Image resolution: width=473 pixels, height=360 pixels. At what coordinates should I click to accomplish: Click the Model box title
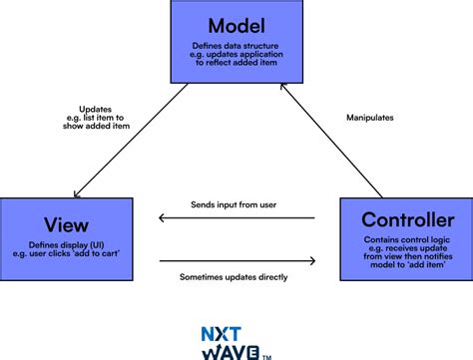pyautogui.click(x=237, y=25)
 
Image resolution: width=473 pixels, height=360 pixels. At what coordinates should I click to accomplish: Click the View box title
pyautogui.click(x=66, y=221)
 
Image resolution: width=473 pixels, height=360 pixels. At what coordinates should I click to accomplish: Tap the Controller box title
pyautogui.click(x=406, y=220)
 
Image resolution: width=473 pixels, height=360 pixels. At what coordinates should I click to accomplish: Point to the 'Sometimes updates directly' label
pyautogui.click(x=235, y=276)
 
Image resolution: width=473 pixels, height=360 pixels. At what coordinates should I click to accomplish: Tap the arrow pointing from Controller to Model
pyautogui.click(x=331, y=140)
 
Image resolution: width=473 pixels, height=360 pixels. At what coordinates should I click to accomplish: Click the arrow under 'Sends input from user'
pyautogui.click(x=236, y=218)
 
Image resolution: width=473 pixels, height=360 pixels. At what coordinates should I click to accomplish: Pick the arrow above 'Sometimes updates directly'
pyautogui.click(x=236, y=261)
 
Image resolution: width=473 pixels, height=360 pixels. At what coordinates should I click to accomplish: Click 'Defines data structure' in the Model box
pyautogui.click(x=237, y=46)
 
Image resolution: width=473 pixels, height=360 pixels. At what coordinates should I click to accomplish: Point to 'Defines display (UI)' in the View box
pyautogui.click(x=65, y=244)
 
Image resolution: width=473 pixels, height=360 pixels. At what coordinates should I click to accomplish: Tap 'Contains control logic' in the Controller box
pyautogui.click(x=406, y=241)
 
